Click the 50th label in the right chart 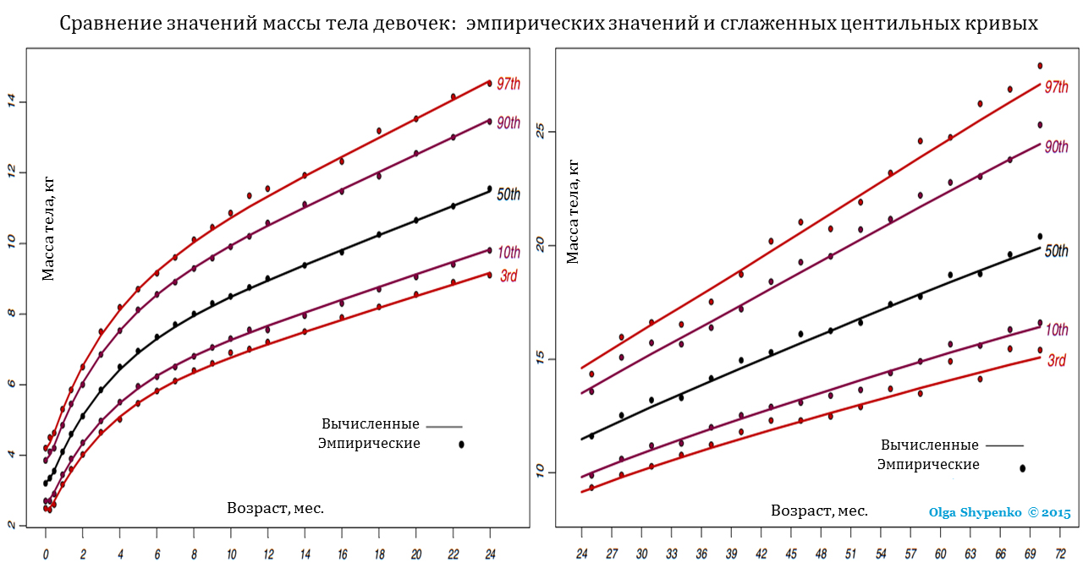pyautogui.click(x=1056, y=251)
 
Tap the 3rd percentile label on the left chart pyautogui.click(x=508, y=276)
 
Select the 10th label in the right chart pyautogui.click(x=1056, y=330)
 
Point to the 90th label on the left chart pyautogui.click(x=508, y=123)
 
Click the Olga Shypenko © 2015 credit pyautogui.click(x=999, y=513)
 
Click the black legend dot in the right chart pyautogui.click(x=1023, y=467)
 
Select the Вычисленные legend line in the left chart pyautogui.click(x=444, y=427)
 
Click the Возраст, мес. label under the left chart pyautogui.click(x=276, y=508)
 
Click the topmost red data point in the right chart pyautogui.click(x=1040, y=66)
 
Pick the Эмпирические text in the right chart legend pyautogui.click(x=928, y=464)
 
